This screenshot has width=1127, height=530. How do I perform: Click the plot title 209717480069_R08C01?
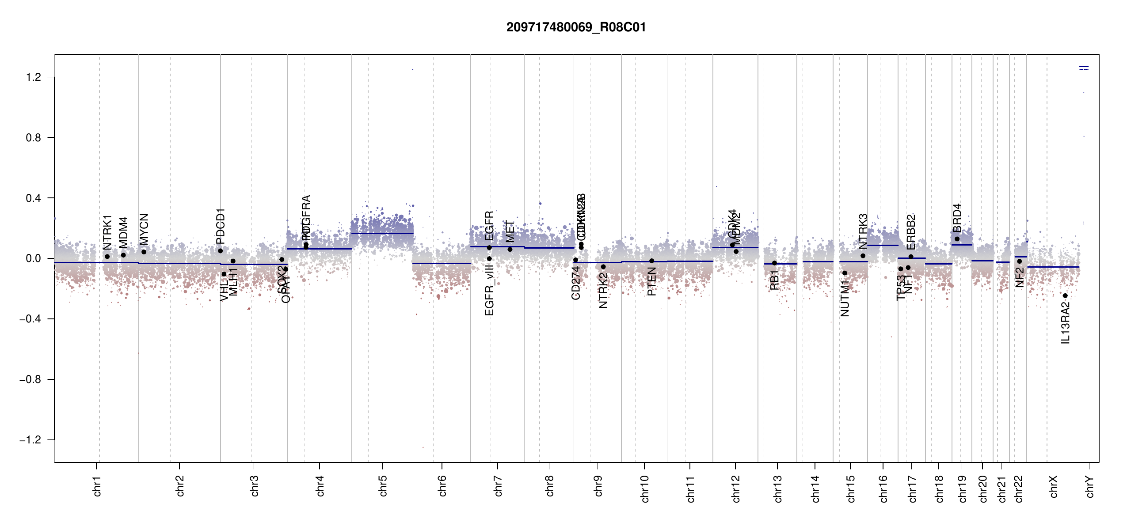576,27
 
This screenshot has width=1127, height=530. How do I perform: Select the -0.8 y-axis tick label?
30,379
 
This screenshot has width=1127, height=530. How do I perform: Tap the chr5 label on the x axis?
383,485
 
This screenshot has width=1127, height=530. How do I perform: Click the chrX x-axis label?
1053,486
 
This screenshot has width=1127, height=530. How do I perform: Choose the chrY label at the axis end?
1089,486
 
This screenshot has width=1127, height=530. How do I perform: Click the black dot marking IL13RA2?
1065,295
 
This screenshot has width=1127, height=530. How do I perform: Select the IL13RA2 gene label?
1066,322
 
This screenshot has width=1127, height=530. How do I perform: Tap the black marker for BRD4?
957,239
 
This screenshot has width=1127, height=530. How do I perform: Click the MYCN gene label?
144,229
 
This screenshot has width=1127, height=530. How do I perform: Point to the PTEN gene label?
651,281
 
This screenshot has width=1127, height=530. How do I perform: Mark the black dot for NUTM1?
845,273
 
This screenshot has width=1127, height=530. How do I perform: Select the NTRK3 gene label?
863,231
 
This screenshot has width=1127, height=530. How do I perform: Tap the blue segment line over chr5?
382,233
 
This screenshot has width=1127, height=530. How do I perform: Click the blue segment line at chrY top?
1084,67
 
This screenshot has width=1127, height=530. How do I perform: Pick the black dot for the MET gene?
510,250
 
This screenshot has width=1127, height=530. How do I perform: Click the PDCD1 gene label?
221,226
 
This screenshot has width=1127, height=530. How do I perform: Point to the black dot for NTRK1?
107,257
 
